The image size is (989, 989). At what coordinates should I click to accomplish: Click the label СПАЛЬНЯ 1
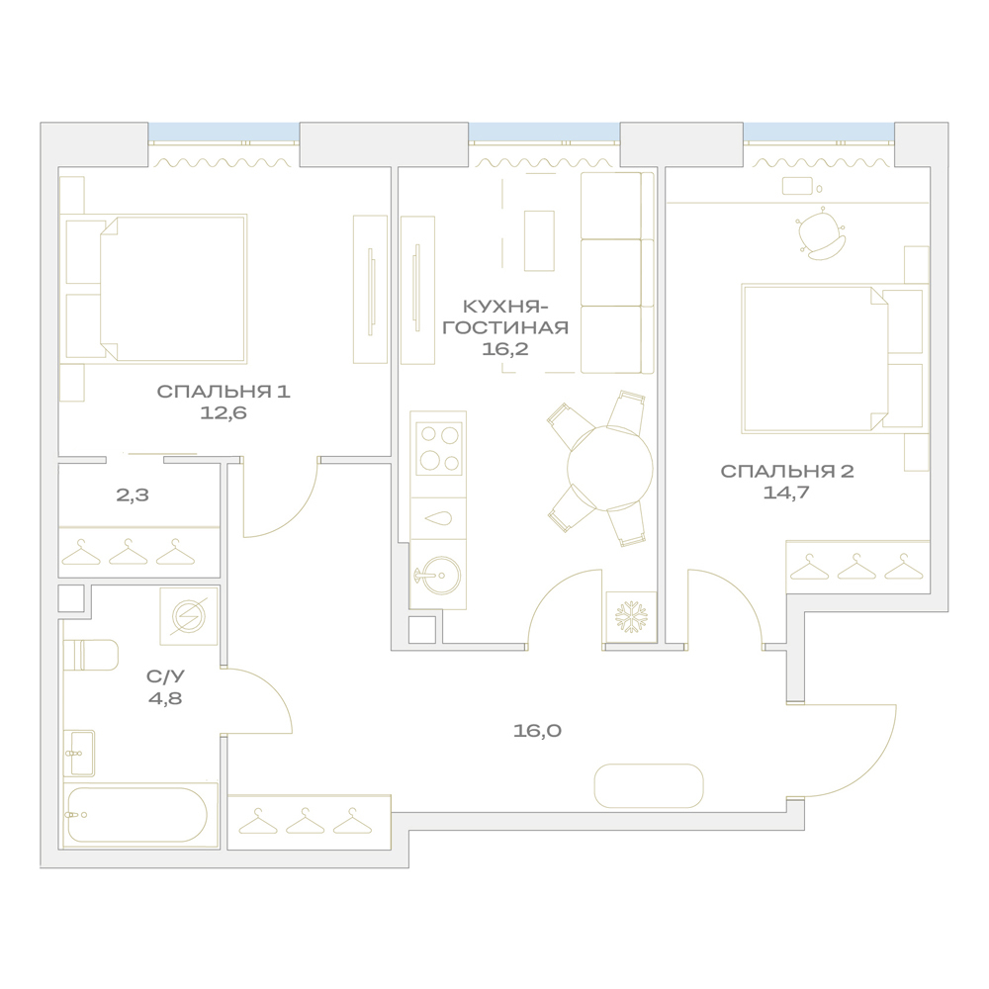(224, 392)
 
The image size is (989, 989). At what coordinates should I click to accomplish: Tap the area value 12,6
(224, 413)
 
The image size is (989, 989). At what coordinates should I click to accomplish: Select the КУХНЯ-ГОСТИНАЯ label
(505, 317)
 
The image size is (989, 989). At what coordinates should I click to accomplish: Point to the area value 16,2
(505, 349)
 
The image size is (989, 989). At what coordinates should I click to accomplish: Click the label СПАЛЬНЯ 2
(787, 471)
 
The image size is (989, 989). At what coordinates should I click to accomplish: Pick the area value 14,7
(786, 493)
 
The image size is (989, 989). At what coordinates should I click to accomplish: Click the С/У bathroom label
(165, 676)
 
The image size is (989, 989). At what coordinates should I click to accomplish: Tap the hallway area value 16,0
(537, 731)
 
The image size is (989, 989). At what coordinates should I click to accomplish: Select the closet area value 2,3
(133, 495)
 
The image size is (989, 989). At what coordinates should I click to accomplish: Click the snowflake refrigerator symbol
(631, 617)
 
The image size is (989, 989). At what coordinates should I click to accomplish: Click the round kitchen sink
(441, 575)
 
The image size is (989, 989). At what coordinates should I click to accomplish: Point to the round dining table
(609, 468)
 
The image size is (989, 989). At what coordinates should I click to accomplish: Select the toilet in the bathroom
(91, 655)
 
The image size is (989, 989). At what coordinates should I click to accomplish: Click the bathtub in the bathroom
(136, 814)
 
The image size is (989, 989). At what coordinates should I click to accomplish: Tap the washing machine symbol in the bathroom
(188, 615)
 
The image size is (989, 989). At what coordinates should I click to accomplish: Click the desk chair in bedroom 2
(820, 233)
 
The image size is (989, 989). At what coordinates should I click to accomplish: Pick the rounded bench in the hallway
(649, 786)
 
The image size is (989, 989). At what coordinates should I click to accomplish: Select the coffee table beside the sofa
(539, 241)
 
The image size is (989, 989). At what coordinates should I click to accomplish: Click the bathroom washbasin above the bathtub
(80, 753)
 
